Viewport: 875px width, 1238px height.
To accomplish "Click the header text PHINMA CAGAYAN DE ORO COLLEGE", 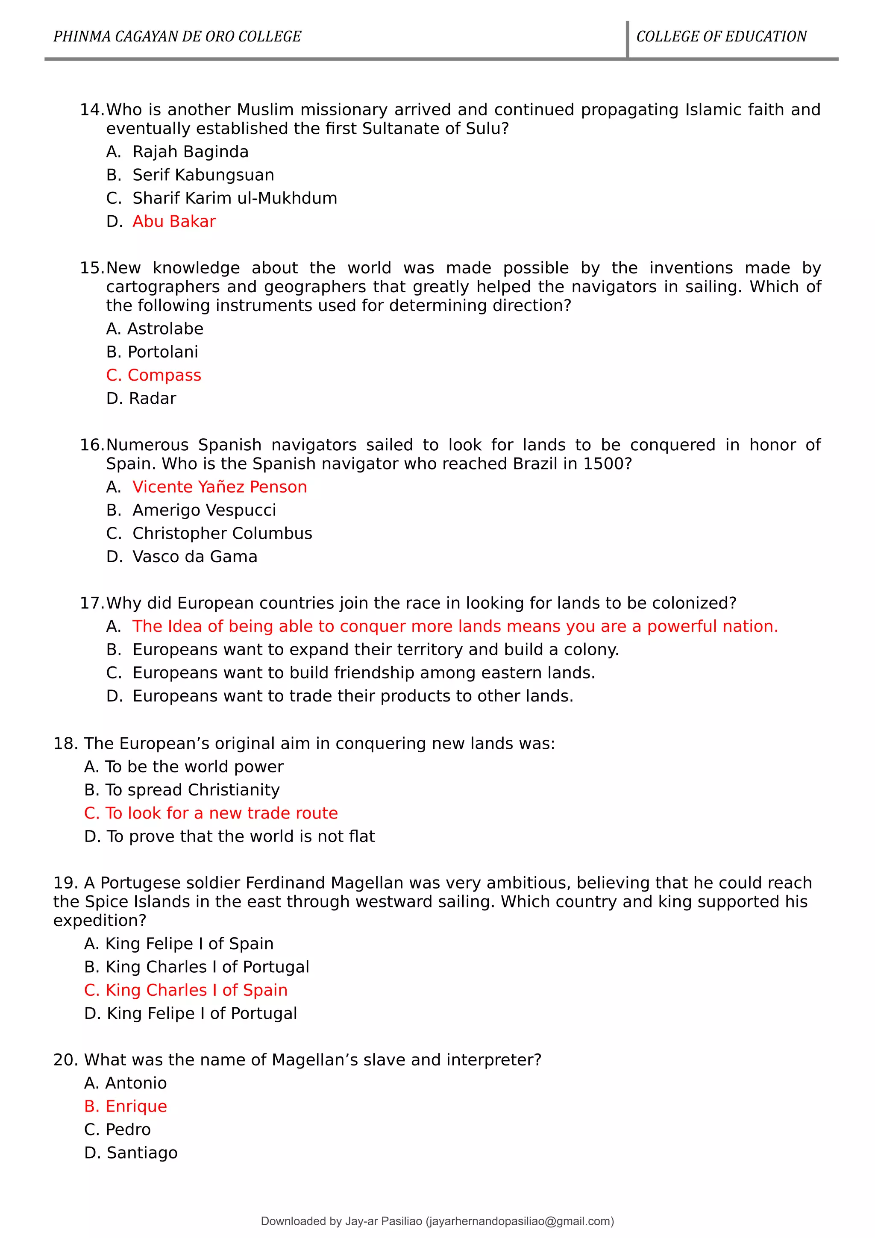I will click(177, 37).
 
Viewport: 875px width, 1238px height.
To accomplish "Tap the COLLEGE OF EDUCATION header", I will click(721, 37).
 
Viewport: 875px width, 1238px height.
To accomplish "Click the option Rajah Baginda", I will click(190, 152).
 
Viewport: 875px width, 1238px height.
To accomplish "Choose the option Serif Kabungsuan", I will click(203, 175).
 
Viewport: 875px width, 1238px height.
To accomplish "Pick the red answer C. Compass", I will click(154, 375).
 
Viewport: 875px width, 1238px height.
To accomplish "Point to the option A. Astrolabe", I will click(155, 329).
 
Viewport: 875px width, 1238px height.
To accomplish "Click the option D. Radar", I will click(141, 399).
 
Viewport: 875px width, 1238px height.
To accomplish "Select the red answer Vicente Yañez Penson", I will click(220, 487).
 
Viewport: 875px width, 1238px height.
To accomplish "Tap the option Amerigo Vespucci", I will click(204, 510).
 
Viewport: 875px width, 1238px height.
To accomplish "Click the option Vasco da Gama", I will click(195, 557).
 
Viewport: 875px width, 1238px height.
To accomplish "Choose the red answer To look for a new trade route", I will click(211, 813).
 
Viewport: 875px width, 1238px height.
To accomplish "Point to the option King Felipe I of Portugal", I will click(190, 1013).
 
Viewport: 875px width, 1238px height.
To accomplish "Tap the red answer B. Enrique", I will click(126, 1106).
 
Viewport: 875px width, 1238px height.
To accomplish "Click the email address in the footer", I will click(520, 1221).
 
